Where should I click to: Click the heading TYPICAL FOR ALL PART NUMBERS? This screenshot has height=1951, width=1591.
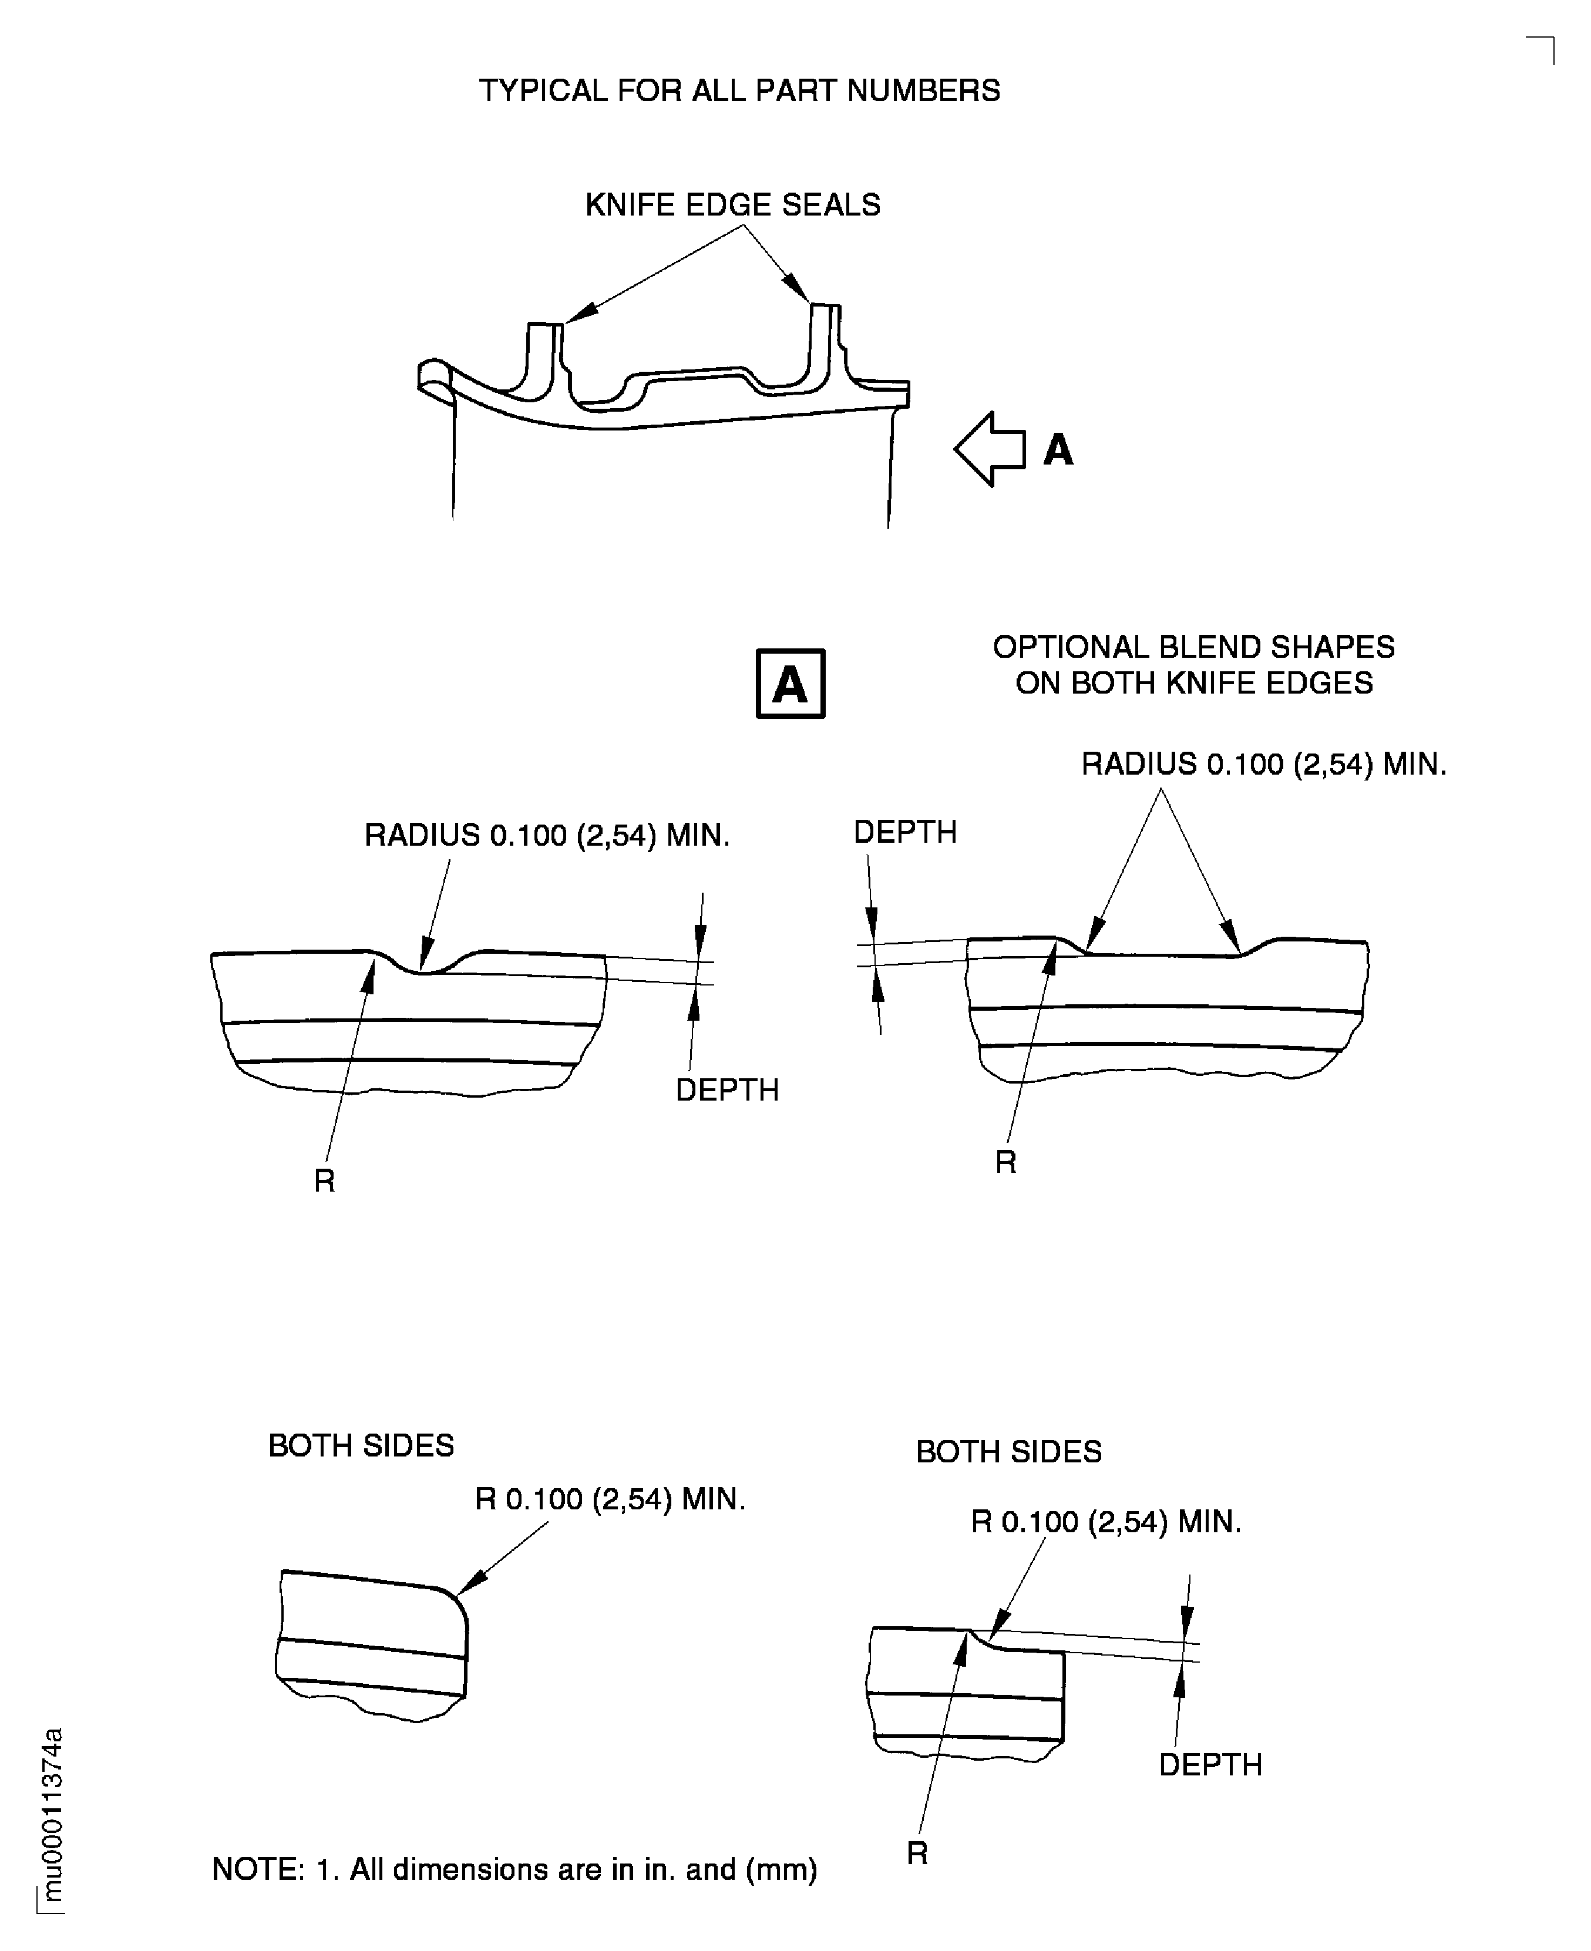click(x=739, y=90)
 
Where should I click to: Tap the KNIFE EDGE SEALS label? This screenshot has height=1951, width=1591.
click(x=732, y=204)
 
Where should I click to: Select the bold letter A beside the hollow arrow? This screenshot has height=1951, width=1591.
click(x=1058, y=450)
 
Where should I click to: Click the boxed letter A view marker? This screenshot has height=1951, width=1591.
click(x=790, y=684)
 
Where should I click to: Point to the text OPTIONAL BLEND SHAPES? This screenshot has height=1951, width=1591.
click(x=1193, y=647)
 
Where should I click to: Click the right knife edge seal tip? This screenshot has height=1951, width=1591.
click(x=824, y=306)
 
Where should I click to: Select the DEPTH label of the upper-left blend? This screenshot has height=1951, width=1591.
click(x=726, y=1089)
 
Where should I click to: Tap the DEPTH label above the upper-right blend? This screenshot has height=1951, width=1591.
click(x=904, y=832)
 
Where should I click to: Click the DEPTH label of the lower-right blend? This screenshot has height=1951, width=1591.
click(x=1210, y=1764)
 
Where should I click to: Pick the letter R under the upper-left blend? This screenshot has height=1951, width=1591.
click(x=324, y=1181)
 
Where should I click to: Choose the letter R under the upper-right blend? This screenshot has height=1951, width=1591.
click(x=1005, y=1162)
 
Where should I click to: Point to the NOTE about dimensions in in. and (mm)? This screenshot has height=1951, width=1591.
click(x=514, y=1869)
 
